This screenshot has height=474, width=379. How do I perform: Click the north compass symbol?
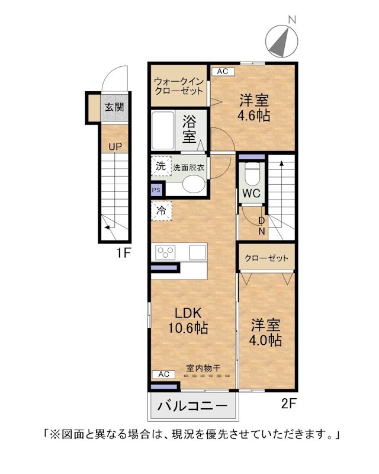pos(282,41)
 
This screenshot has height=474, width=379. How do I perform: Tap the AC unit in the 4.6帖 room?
pos(223,72)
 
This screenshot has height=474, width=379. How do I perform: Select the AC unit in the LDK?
pos(163,374)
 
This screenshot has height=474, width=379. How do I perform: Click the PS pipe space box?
pos(156,190)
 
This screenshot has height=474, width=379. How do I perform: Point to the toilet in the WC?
pos(252,174)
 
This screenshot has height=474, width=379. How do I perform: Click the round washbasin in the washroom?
pos(194,184)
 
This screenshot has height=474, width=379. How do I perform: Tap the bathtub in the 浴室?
pos(163,130)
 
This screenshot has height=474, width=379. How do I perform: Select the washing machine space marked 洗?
pos(161,166)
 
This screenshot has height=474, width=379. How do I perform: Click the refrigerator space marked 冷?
pos(162,211)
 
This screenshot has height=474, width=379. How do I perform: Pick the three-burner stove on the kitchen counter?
pos(165,252)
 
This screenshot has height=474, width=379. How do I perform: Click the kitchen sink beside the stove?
pos(197,252)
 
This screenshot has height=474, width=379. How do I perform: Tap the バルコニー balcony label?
pos(192,406)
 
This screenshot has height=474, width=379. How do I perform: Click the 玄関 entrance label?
pos(114,107)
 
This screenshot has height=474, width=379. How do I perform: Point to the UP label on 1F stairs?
pos(115,147)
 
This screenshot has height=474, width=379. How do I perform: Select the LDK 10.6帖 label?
pos(188,320)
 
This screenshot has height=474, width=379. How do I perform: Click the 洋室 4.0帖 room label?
pos(265,332)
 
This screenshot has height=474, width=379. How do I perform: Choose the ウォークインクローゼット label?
pos(179,86)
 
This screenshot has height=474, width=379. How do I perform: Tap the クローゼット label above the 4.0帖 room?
pos(266,258)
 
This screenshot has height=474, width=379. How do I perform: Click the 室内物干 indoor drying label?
pos(203,368)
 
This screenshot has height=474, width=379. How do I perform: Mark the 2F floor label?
pos(289,403)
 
